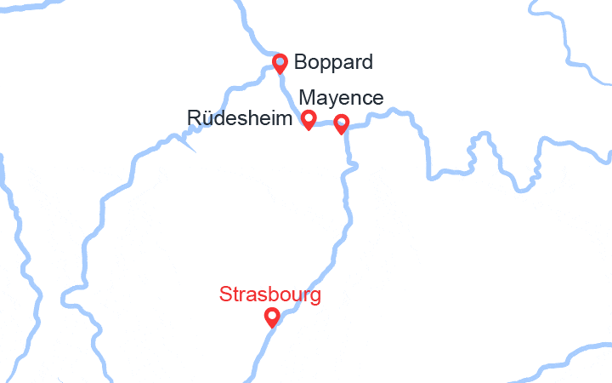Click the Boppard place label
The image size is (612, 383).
[333, 62]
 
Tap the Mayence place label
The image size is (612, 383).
[341, 99]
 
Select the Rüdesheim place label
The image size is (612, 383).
[241, 118]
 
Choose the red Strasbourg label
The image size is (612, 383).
[270, 295]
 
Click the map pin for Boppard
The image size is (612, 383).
[280, 64]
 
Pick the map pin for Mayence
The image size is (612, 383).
[341, 124]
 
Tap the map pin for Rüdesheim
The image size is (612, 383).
[309, 120]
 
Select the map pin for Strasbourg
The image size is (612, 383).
[272, 318]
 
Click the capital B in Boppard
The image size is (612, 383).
[300, 62]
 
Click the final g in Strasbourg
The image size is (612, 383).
[315, 298]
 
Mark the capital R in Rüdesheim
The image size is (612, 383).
[195, 118]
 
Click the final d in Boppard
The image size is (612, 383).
[366, 62]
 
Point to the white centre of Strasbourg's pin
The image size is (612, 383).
[272, 316]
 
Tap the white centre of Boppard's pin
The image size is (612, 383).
[280, 61]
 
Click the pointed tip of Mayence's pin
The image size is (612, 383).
[341, 134]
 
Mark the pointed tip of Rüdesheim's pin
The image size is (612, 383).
[309, 129]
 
